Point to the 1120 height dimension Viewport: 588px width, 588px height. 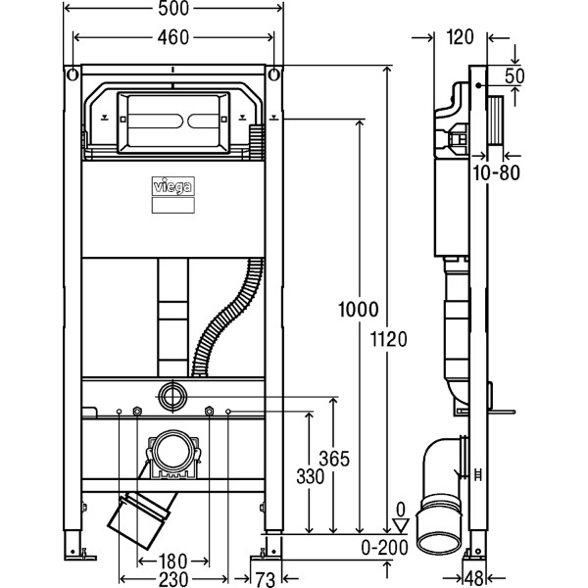click(x=392, y=339)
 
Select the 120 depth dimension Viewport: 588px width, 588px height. click(x=459, y=37)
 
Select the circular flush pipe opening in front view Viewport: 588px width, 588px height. click(x=172, y=397)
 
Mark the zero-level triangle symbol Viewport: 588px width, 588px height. click(x=398, y=523)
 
